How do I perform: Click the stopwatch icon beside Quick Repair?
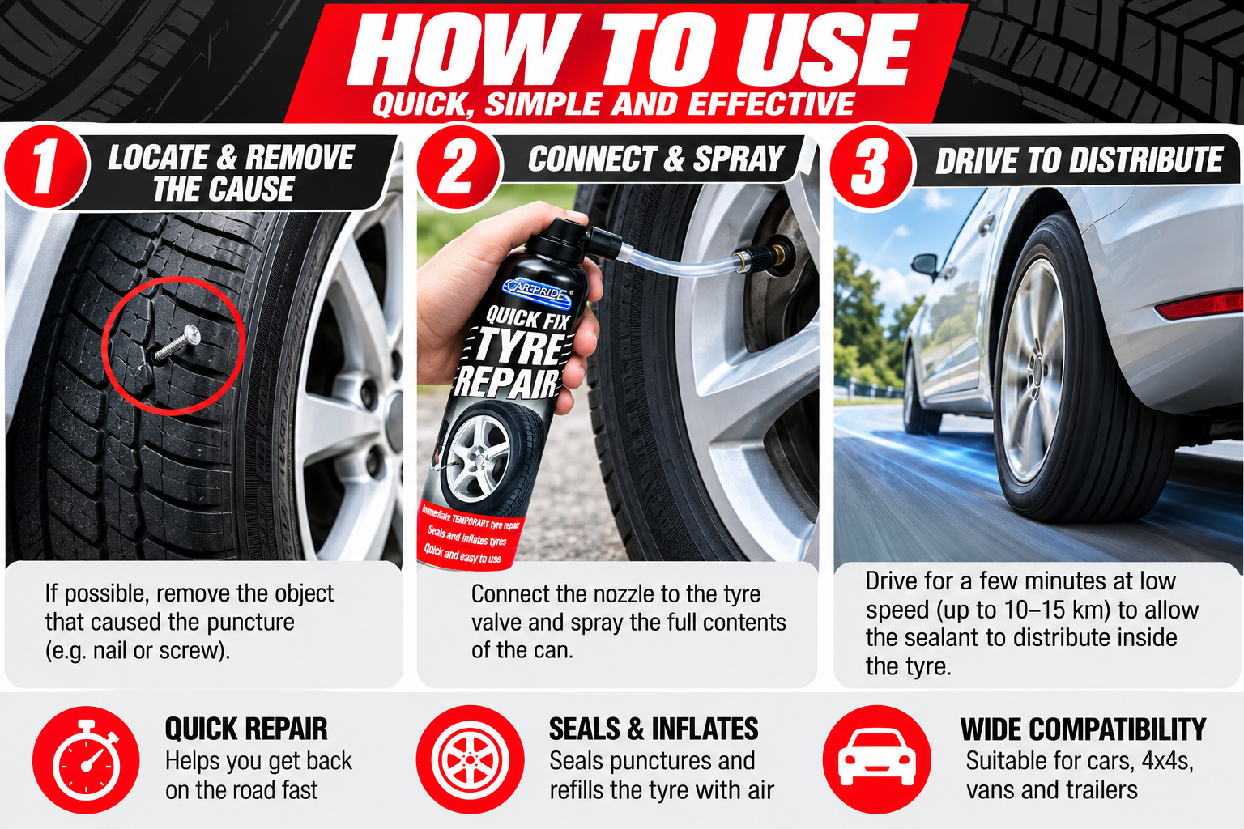pos(86,759)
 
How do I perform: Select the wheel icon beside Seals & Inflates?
pos(470,759)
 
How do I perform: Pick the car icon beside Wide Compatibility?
pos(877,759)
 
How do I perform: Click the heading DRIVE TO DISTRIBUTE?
pos(1079,160)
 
